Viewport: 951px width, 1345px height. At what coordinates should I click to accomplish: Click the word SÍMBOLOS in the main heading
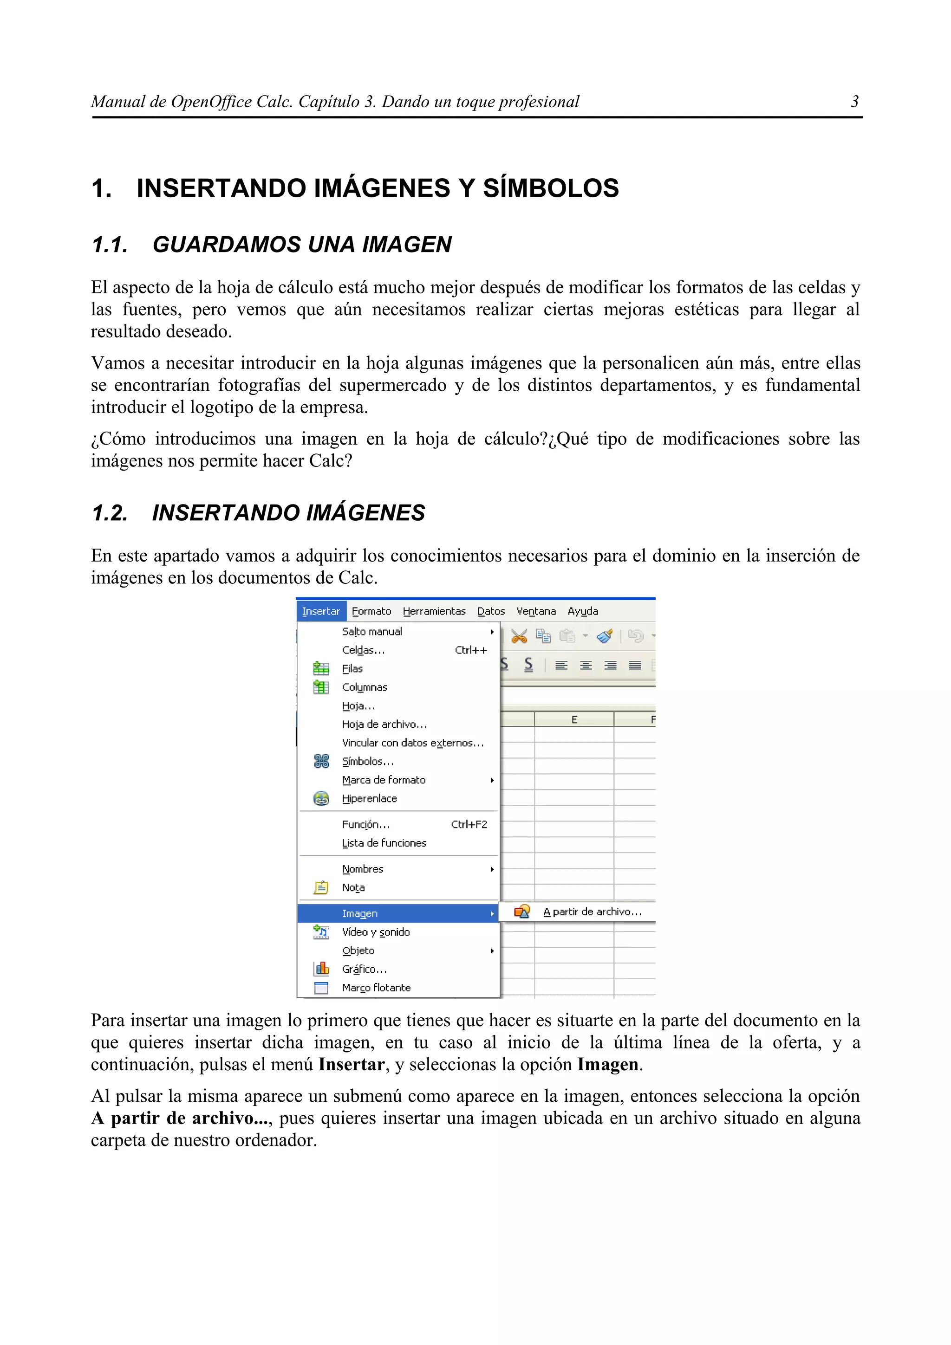[550, 188]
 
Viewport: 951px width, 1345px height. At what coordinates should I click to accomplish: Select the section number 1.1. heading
[110, 244]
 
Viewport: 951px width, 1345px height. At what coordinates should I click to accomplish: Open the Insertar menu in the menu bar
[320, 611]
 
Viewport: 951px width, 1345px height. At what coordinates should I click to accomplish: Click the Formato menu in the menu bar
[371, 611]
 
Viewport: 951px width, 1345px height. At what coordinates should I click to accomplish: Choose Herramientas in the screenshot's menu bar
[434, 611]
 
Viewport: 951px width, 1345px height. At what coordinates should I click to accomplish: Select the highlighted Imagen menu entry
[360, 913]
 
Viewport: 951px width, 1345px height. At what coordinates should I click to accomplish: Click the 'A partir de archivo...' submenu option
[592, 912]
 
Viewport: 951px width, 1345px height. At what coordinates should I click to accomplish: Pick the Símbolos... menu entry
[367, 761]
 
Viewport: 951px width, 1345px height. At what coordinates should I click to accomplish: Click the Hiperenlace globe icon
[321, 798]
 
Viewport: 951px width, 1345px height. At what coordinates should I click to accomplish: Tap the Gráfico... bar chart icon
[321, 969]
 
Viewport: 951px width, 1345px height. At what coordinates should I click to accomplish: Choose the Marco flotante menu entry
[376, 988]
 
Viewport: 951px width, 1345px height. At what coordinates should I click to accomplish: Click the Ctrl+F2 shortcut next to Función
[469, 824]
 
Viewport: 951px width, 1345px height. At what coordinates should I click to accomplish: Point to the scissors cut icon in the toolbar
[519, 636]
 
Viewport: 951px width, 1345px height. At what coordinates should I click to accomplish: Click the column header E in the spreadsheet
[574, 719]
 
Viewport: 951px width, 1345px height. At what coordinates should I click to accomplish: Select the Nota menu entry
[353, 887]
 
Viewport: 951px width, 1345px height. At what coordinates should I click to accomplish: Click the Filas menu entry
[352, 668]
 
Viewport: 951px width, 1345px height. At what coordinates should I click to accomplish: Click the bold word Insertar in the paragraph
[351, 1064]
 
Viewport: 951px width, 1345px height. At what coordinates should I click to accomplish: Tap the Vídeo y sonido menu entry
[376, 932]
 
